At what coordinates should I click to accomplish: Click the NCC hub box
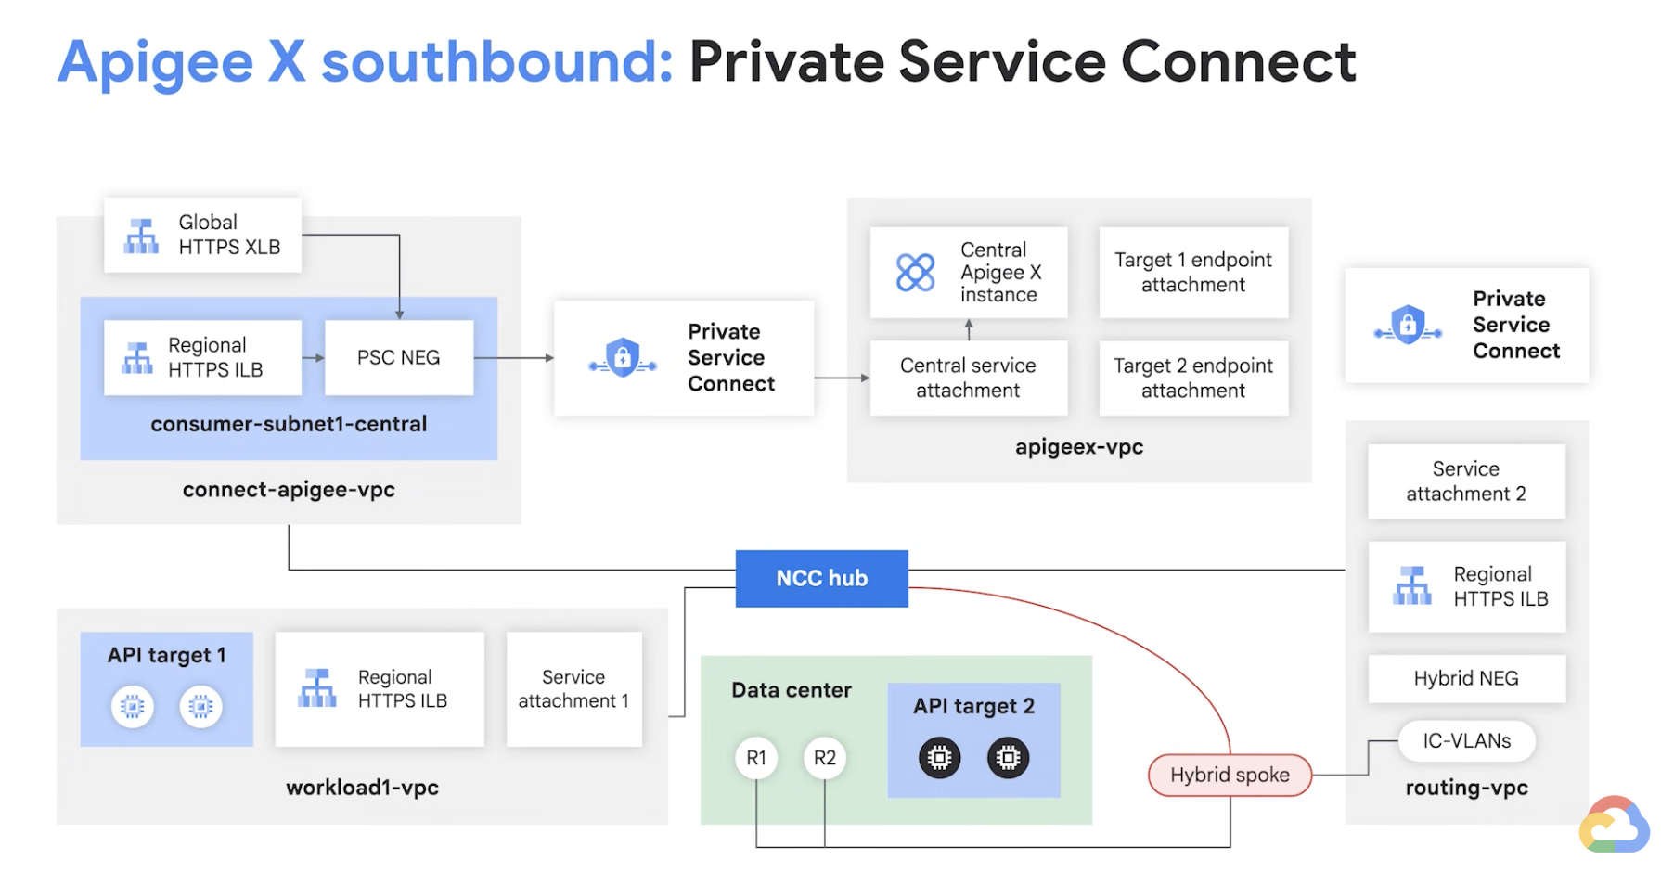click(x=821, y=578)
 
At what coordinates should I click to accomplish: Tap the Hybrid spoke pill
click(x=1230, y=775)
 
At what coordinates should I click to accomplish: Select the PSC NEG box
click(x=398, y=357)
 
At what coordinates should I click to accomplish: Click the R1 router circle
click(x=756, y=758)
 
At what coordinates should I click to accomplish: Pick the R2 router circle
click(x=824, y=758)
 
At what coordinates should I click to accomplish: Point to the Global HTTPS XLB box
click(x=202, y=235)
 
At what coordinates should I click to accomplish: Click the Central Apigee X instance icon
click(x=915, y=273)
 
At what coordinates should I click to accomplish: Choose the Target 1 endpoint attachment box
click(x=1192, y=273)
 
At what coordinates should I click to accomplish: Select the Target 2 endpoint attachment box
click(x=1192, y=378)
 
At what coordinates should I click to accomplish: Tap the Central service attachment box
click(x=968, y=378)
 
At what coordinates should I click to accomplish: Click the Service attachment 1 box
click(x=573, y=689)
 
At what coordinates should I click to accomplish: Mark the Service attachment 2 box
click(x=1465, y=481)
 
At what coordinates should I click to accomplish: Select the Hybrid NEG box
click(x=1465, y=678)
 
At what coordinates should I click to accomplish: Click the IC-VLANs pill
click(x=1466, y=740)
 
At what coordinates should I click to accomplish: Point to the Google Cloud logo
click(x=1614, y=825)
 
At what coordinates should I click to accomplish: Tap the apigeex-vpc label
click(x=1078, y=447)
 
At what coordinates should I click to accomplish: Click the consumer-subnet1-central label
click(x=289, y=424)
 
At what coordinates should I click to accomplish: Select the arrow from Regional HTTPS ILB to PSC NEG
click(x=313, y=357)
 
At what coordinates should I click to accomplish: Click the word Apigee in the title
click(x=156, y=62)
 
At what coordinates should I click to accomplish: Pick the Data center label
click(x=791, y=690)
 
